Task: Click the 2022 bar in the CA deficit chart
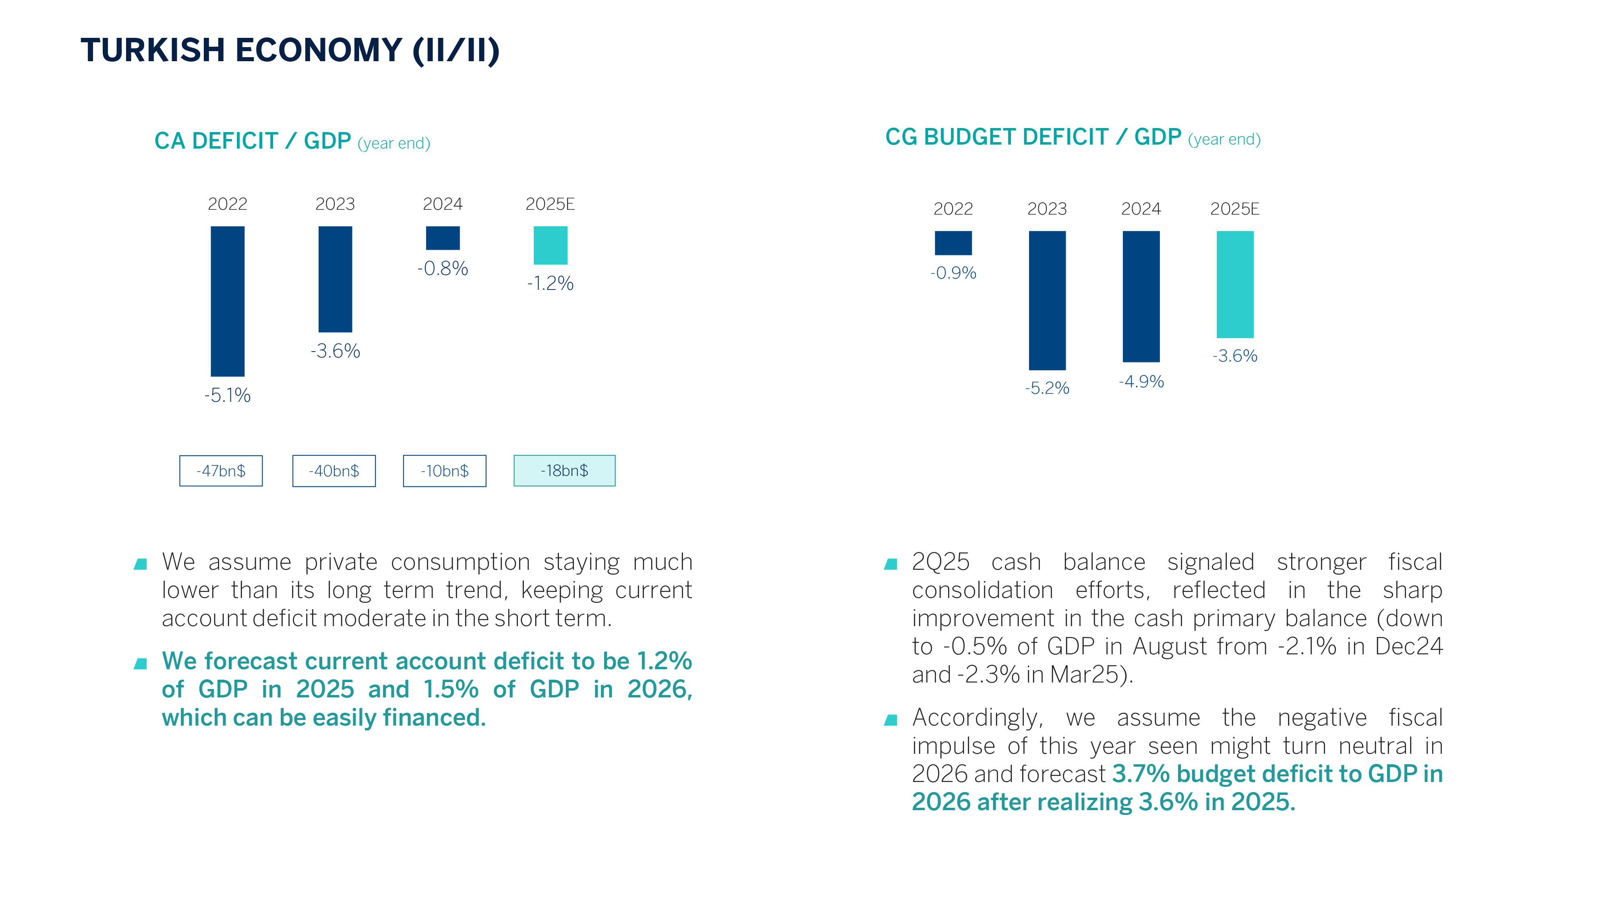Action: pos(228,301)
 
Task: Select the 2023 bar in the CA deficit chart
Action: pos(335,279)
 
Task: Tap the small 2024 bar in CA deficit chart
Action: pos(443,238)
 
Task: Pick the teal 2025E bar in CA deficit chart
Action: pos(550,245)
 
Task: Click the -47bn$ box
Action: pos(221,471)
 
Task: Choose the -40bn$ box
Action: pos(334,471)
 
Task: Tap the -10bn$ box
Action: pos(445,471)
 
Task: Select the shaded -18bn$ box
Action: pos(564,471)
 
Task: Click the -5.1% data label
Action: pos(228,395)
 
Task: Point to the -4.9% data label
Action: pos(1141,381)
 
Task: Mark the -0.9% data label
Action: pos(953,273)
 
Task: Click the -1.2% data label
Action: pos(550,283)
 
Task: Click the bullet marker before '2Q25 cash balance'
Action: pos(890,564)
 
